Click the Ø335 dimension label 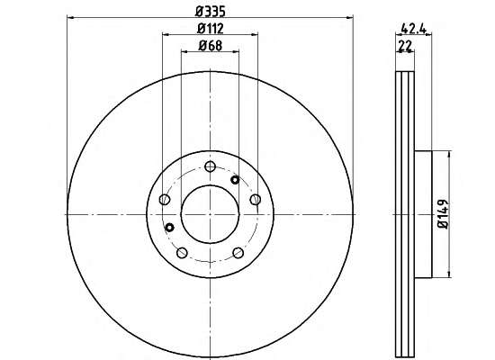coord(211,12)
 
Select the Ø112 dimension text coord(211,29)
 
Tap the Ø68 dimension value coord(211,46)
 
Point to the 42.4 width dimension coord(414,29)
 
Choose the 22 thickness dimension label coord(405,46)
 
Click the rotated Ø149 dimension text coord(443,213)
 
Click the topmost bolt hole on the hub coord(210,166)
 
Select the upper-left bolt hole coord(165,199)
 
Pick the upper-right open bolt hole coord(256,199)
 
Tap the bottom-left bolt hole coord(182,253)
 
